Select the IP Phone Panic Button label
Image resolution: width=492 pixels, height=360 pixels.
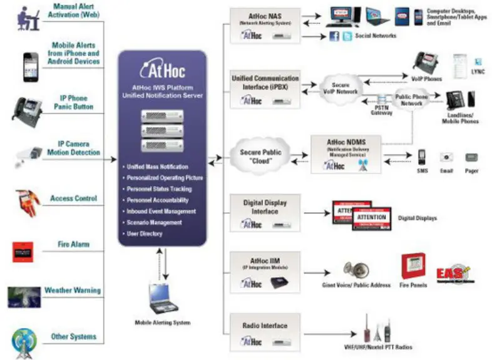pyautogui.click(x=74, y=103)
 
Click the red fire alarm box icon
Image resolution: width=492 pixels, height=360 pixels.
pyautogui.click(x=23, y=251)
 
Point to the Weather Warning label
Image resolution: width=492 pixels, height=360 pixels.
pyautogui.click(x=72, y=291)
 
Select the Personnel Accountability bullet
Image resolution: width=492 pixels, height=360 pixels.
pyautogui.click(x=161, y=201)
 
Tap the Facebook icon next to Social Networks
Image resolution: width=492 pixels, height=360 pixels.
pyautogui.click(x=334, y=37)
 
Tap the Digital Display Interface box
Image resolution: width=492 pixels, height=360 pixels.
pyautogui.click(x=265, y=212)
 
